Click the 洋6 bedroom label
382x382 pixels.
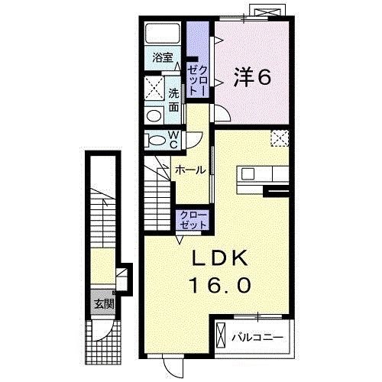[251, 76]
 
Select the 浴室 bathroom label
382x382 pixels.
[161, 58]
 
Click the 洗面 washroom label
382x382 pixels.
[173, 97]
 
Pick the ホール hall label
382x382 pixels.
[189, 170]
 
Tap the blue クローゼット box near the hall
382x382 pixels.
[193, 221]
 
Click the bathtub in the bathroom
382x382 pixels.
[162, 34]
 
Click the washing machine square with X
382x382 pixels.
[155, 86]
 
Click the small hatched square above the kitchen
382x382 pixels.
[280, 138]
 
